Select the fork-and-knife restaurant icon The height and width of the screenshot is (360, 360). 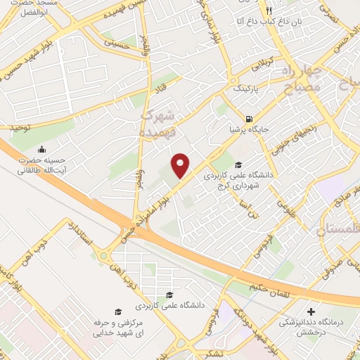(x=269, y=11)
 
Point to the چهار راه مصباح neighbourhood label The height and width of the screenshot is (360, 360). (x=303, y=81)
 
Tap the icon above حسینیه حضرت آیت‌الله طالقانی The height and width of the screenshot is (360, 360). (x=43, y=149)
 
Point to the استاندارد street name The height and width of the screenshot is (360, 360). (x=75, y=233)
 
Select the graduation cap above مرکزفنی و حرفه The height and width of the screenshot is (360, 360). (x=118, y=310)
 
